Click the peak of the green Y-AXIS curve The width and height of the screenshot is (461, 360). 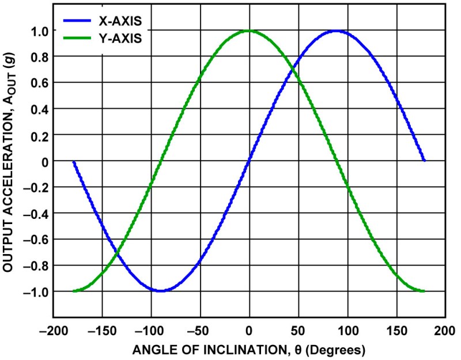(x=248, y=31)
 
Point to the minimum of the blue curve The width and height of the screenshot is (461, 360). (x=161, y=291)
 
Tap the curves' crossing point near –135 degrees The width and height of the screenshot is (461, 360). (x=117, y=253)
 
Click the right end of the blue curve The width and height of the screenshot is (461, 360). (x=424, y=161)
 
